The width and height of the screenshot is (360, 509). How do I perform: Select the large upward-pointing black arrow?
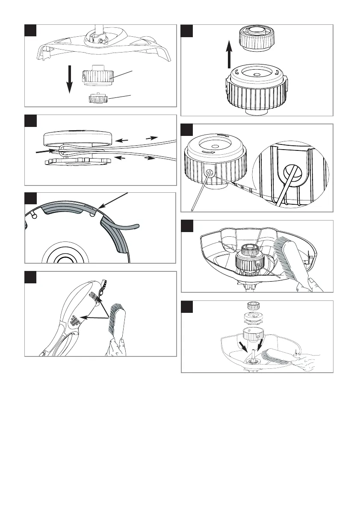[x=229, y=53]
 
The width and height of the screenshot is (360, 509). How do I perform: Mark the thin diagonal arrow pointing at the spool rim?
[x=113, y=200]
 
